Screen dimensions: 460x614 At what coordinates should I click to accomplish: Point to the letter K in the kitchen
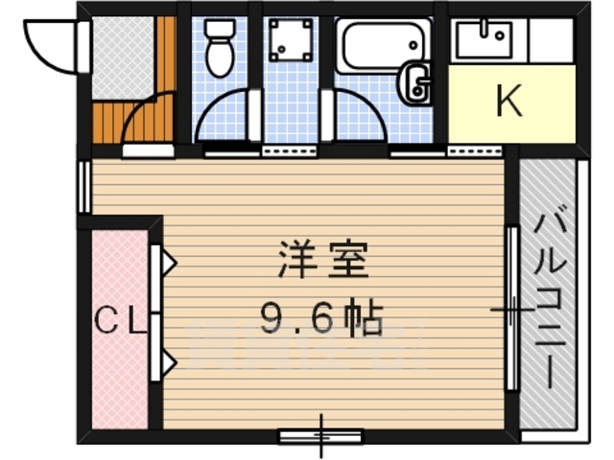click(509, 102)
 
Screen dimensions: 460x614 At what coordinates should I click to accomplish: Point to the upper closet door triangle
click(167, 261)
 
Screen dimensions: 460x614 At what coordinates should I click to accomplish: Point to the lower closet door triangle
click(167, 363)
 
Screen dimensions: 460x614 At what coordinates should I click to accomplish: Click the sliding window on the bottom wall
click(320, 436)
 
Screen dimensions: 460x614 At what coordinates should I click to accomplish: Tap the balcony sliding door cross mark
click(512, 310)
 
